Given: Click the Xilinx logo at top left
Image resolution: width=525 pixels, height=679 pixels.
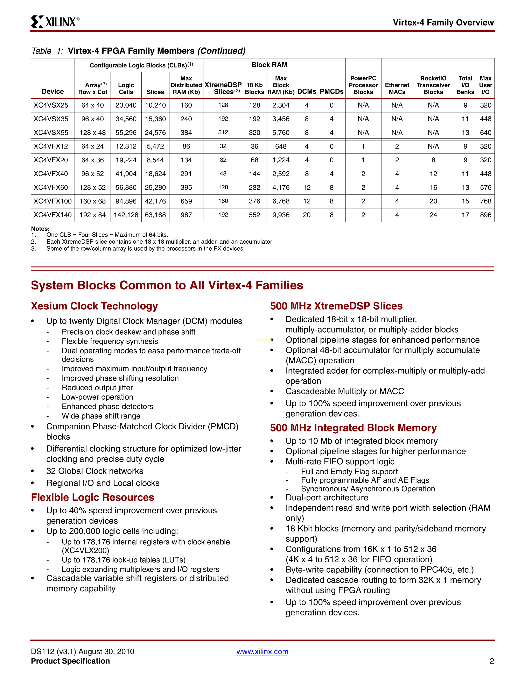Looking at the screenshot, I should (x=55, y=22).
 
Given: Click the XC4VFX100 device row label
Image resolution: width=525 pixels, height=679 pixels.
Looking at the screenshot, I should (x=52, y=201).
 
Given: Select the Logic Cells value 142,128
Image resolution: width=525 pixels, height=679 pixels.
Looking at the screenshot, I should (x=126, y=215).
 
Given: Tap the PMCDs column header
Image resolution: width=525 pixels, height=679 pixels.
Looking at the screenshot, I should (x=331, y=91).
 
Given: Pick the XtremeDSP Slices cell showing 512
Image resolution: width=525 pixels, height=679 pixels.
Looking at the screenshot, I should (x=223, y=133).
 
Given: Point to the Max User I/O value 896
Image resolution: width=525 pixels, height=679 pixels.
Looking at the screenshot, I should (x=485, y=215).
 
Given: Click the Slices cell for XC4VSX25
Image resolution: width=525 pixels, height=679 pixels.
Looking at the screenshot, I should (x=155, y=105).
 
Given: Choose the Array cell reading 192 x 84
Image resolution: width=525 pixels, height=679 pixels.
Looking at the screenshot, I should (x=92, y=215).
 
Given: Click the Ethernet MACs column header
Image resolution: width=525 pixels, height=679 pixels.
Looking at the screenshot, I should (x=397, y=88).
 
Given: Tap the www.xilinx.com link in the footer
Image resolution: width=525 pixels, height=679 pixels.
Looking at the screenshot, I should (x=262, y=652).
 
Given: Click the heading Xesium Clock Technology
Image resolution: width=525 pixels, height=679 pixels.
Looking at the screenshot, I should (x=94, y=306).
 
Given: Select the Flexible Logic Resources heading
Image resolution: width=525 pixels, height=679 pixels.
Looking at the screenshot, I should (x=92, y=498).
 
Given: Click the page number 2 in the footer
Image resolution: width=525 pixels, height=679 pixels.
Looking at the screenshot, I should (x=492, y=661).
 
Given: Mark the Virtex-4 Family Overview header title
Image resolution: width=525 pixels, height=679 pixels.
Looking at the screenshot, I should (x=443, y=22).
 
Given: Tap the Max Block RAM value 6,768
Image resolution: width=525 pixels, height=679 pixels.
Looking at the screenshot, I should (x=281, y=201).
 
